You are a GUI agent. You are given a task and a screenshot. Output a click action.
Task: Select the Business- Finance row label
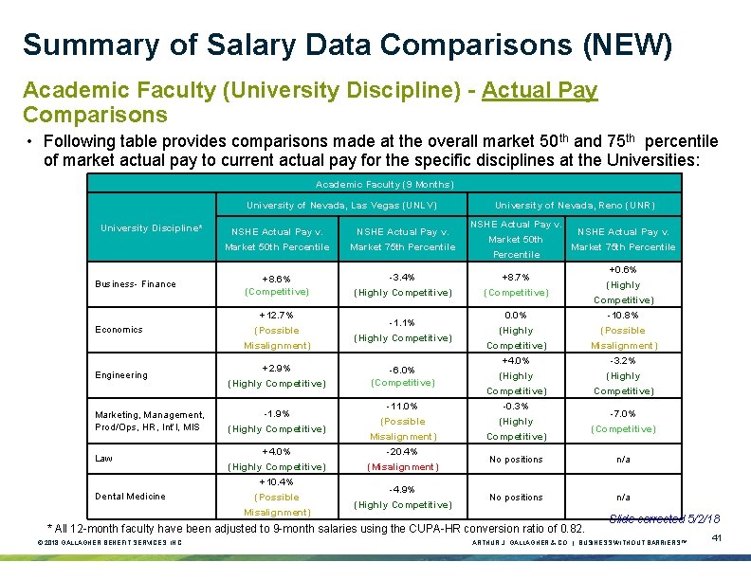coord(135,284)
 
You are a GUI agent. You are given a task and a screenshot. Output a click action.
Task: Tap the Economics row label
coord(119,330)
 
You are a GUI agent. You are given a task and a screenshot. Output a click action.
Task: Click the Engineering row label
coord(121,375)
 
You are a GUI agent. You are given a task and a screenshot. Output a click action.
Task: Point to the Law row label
coord(103,459)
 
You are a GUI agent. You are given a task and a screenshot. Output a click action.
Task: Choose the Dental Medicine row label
coord(130,497)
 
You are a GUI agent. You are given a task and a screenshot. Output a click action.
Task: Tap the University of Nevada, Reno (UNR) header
coord(575,206)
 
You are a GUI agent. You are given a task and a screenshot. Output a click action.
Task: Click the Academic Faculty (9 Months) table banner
coord(384,184)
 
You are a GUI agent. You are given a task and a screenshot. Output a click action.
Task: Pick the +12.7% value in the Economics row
coord(277,315)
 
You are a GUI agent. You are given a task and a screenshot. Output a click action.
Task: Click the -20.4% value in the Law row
coord(402,451)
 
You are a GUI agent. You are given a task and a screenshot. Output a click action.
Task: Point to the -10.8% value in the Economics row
coord(623,315)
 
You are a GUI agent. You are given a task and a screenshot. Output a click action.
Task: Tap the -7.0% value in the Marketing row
coord(623,413)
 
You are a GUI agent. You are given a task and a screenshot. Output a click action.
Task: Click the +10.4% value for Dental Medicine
coord(277,481)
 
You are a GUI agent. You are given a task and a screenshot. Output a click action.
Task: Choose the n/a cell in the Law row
coord(623,460)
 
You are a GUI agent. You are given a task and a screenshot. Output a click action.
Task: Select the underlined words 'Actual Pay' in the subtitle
coord(540,90)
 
